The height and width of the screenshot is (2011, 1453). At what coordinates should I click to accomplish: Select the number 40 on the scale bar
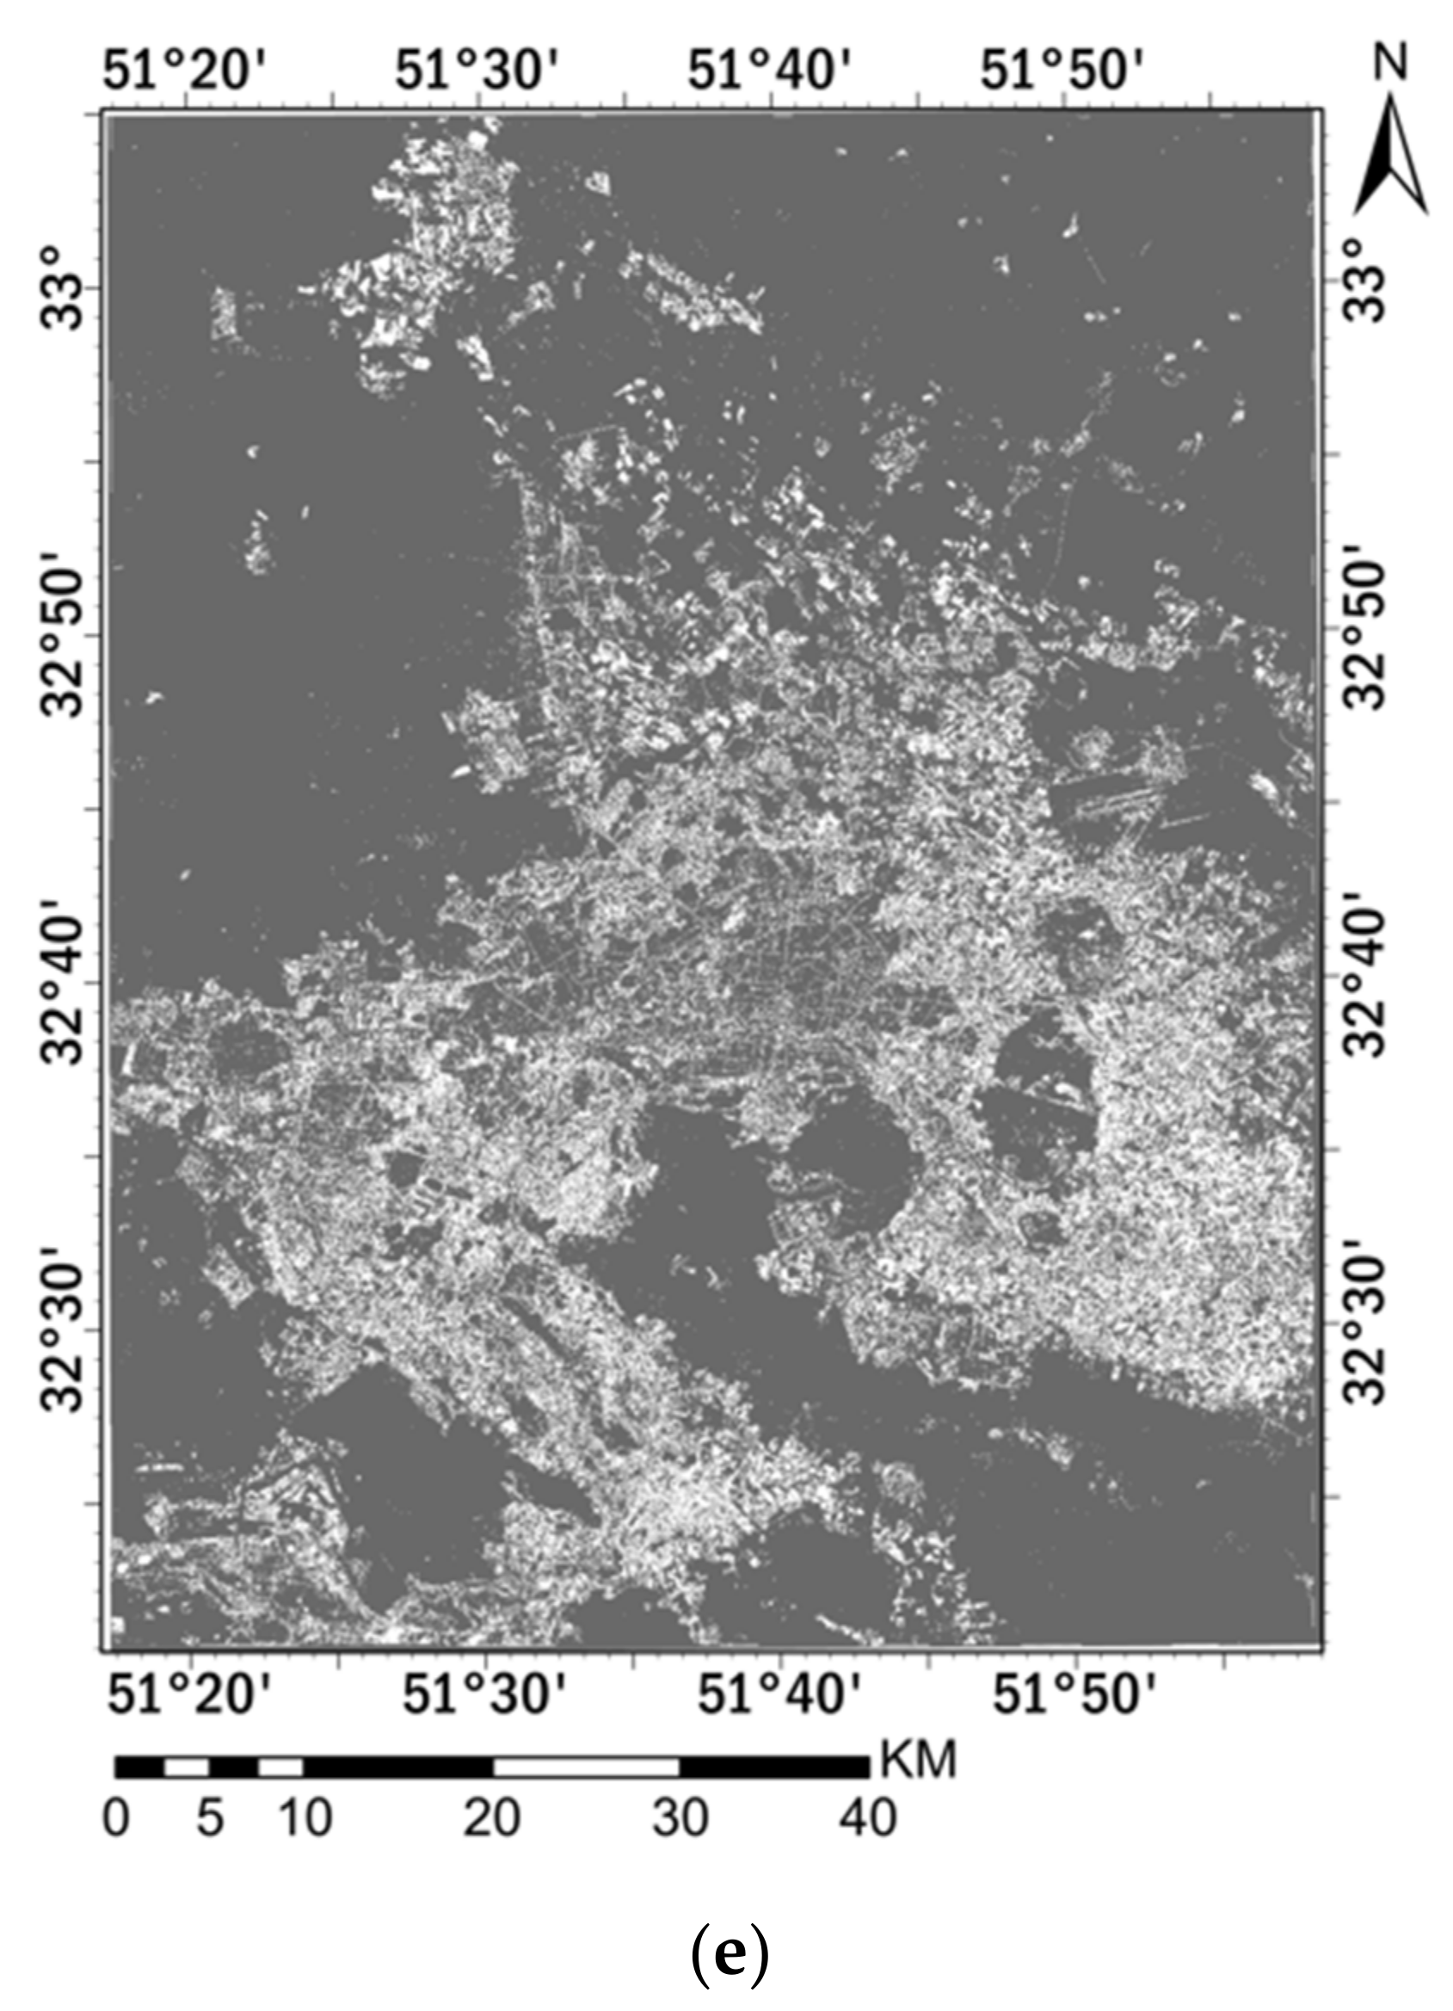[868, 1818]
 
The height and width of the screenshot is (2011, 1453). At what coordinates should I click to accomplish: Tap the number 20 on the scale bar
[492, 1818]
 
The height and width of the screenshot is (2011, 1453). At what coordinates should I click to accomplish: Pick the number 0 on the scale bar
[116, 1818]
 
